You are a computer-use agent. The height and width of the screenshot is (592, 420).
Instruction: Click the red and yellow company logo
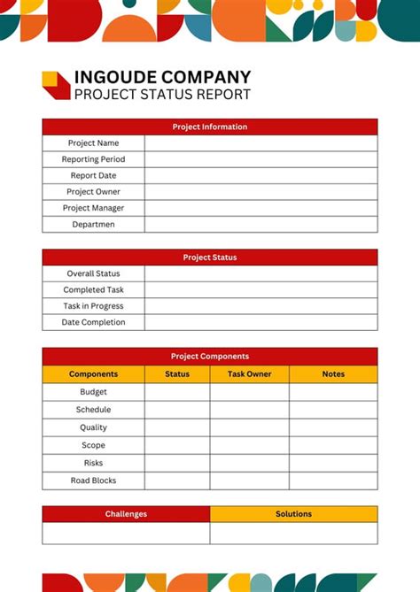tap(55, 85)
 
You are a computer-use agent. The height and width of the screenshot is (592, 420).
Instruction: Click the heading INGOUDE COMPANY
tap(162, 78)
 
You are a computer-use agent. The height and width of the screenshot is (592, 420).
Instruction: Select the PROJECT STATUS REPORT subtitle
tap(162, 95)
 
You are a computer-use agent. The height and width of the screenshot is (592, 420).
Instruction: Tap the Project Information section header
tap(209, 127)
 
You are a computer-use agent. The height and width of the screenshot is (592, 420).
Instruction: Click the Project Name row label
tap(93, 143)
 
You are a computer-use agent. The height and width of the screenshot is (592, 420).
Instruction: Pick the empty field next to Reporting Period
tap(261, 159)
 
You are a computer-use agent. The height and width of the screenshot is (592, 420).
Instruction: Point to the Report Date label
tap(93, 175)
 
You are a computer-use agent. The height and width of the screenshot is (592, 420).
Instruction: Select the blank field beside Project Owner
tap(261, 192)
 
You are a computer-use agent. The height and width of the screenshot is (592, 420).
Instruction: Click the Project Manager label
tap(93, 208)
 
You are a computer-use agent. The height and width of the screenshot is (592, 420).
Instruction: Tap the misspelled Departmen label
tap(93, 225)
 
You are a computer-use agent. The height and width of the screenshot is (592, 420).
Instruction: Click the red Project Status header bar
tap(209, 258)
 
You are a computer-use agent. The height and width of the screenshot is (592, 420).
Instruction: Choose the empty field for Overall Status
tap(261, 273)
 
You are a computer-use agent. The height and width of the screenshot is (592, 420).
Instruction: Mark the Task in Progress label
tap(93, 306)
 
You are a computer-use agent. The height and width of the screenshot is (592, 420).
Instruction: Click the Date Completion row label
tap(93, 322)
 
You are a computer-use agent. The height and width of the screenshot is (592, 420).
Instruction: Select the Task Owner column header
tap(249, 374)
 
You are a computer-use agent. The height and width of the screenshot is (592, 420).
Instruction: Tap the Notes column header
tap(333, 374)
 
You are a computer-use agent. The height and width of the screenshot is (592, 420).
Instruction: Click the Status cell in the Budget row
tap(177, 392)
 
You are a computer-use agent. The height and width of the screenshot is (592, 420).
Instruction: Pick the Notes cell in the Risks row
tap(333, 463)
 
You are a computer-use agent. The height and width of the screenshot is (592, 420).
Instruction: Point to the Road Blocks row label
tap(93, 481)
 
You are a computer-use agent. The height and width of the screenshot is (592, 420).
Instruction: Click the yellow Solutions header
tap(293, 514)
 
